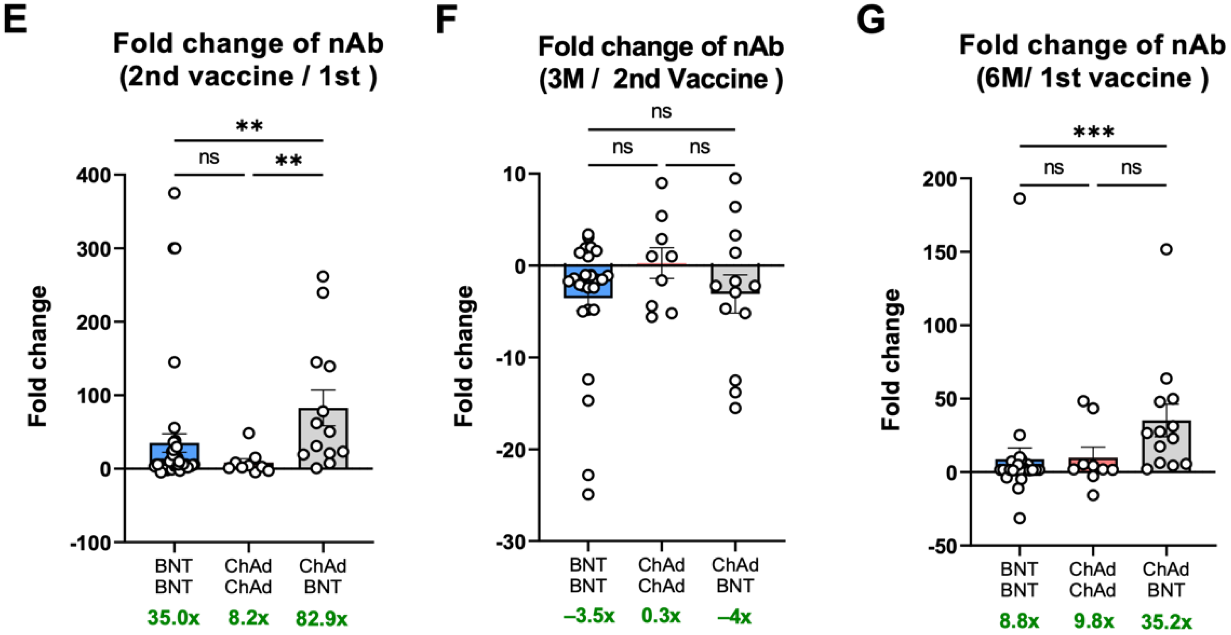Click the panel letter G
[871, 20]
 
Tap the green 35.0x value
[173, 618]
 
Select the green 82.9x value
[322, 619]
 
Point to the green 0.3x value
[661, 616]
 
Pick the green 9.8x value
[1092, 621]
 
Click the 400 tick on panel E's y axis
[94, 175]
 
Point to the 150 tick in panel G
[940, 252]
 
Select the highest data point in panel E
[174, 194]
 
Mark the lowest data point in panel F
[588, 494]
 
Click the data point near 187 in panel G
[1020, 199]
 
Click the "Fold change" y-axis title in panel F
[463, 356]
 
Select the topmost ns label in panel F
[661, 112]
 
